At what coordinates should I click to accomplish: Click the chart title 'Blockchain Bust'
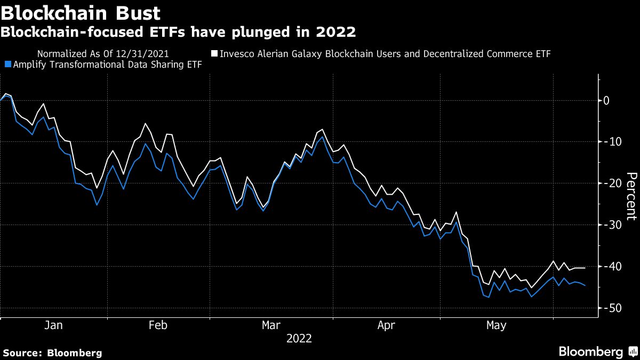(81, 11)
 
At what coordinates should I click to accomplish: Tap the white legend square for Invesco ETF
(214, 54)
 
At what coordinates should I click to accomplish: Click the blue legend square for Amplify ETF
(7, 65)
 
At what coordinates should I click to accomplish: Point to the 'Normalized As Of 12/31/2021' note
(103, 54)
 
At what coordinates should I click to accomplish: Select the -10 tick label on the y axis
(609, 142)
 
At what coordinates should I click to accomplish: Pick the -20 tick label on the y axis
(609, 183)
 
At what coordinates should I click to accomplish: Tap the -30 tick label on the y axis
(609, 225)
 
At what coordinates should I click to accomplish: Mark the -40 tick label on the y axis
(609, 267)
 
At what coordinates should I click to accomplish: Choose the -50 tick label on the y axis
(609, 308)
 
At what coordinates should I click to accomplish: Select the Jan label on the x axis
(54, 325)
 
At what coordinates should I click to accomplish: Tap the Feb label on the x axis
(158, 325)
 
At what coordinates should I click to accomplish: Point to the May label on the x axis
(497, 325)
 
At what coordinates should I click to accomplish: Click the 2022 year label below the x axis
(299, 339)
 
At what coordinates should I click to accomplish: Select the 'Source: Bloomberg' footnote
(52, 353)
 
